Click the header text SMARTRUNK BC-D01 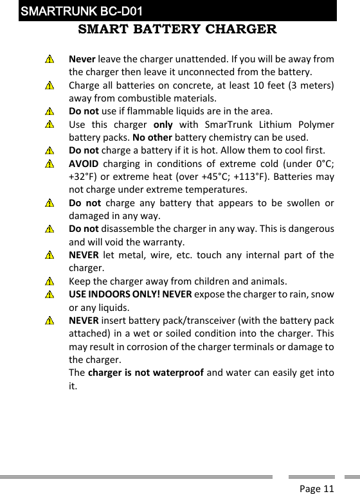point(81,12)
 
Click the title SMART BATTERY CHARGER point(177,30)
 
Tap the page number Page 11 point(316,489)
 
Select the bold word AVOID point(83,163)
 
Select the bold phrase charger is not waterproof point(144,373)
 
